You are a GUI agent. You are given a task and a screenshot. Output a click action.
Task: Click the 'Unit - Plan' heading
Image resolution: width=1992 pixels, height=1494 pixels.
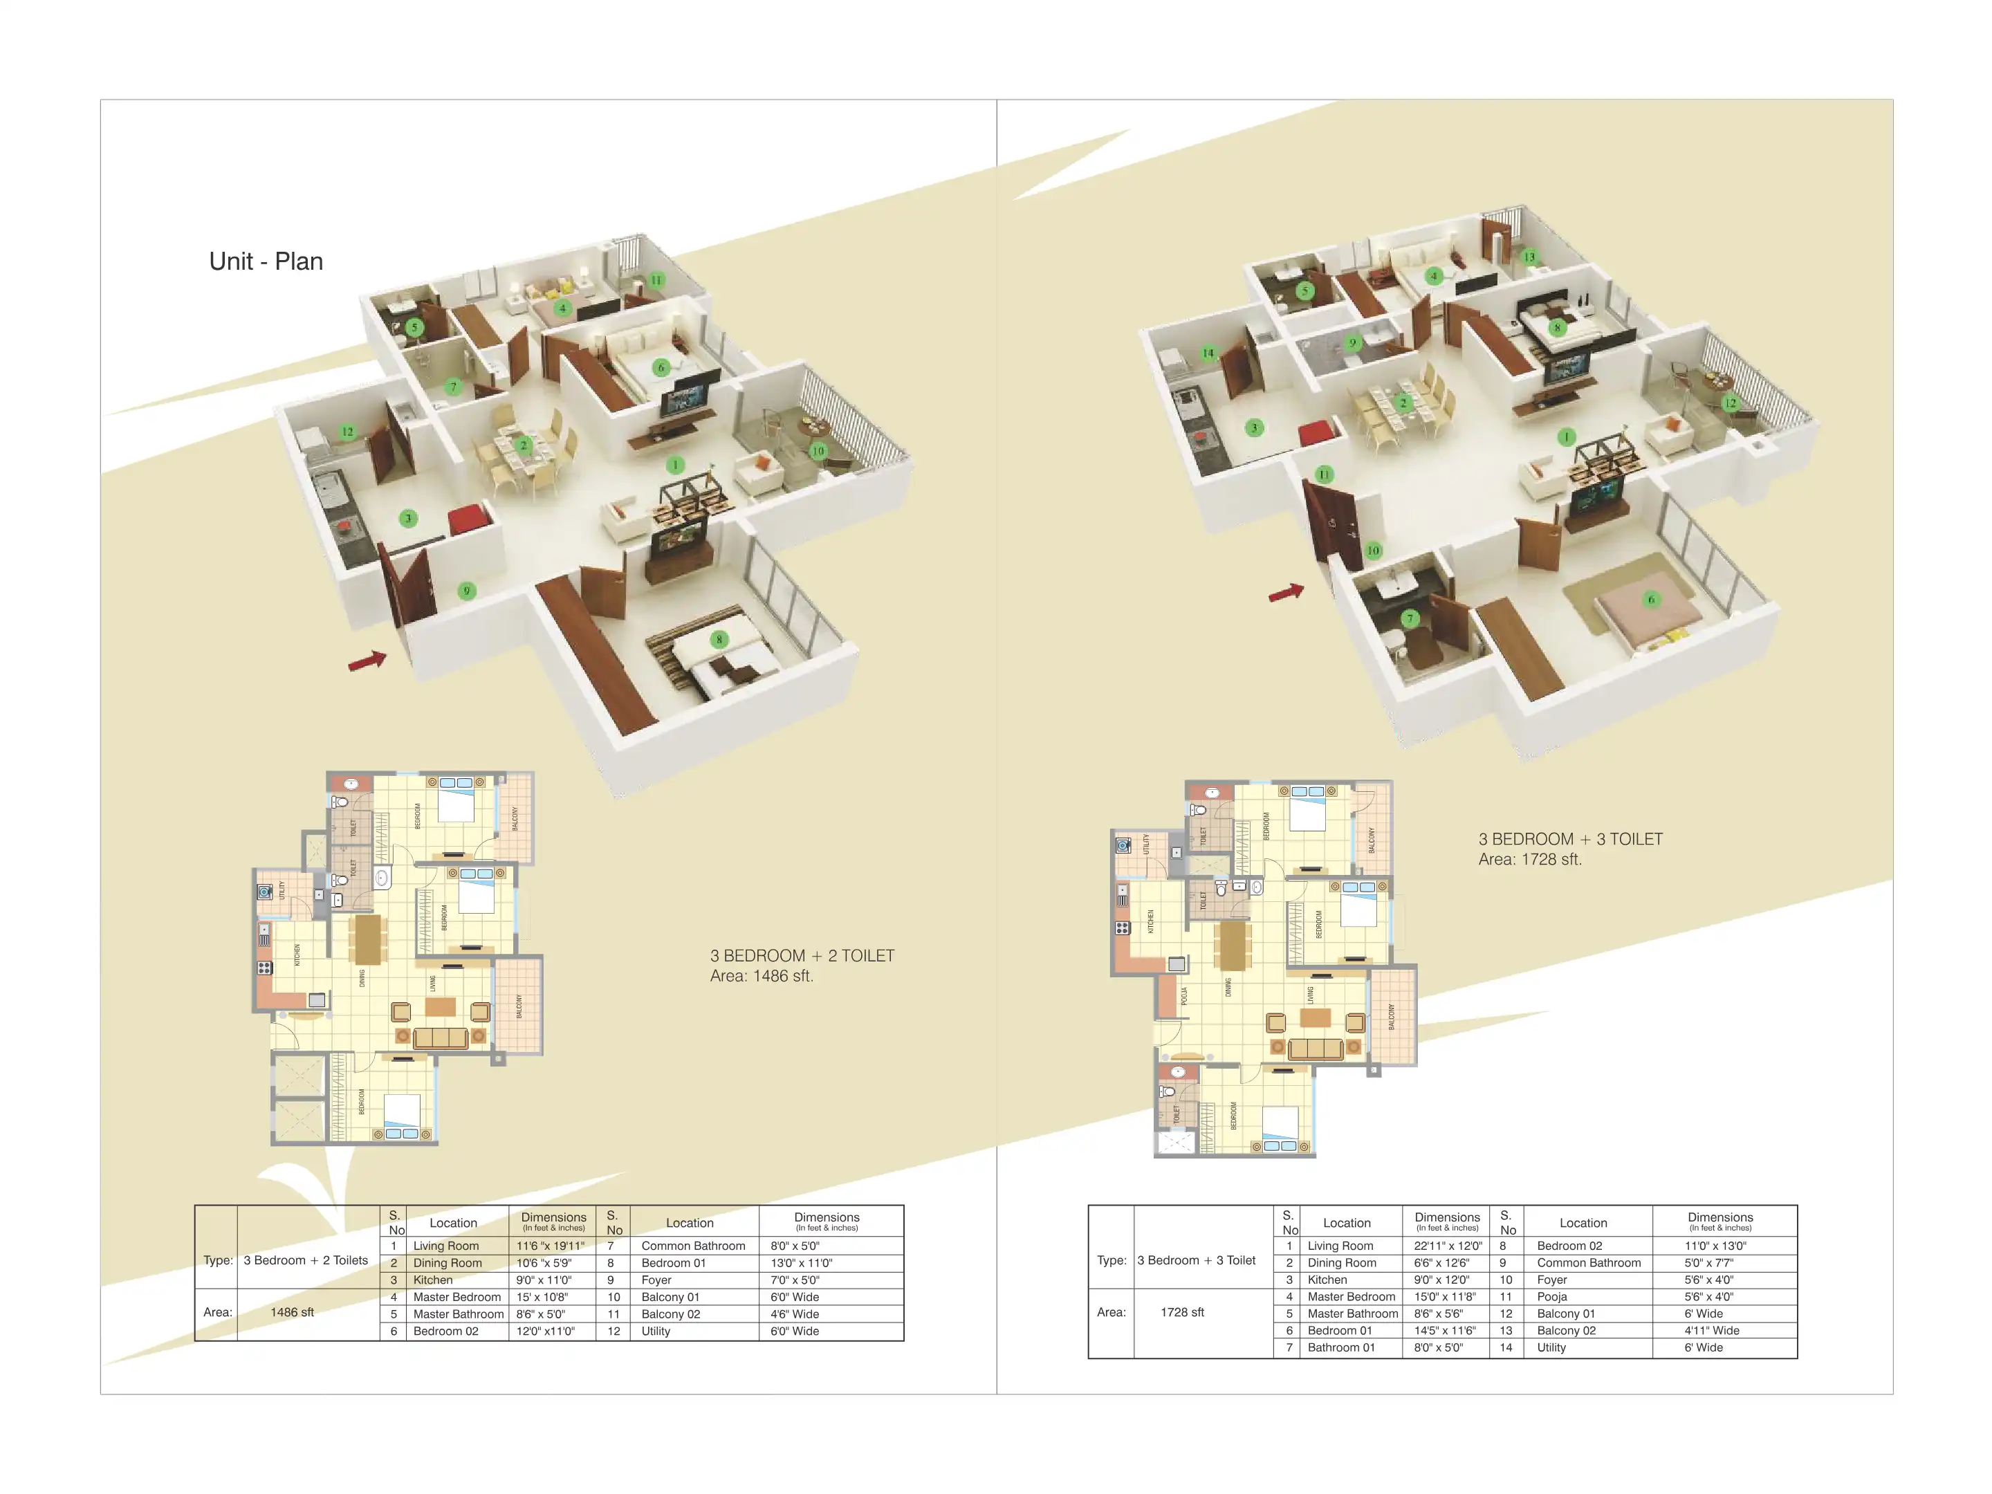coord(266,261)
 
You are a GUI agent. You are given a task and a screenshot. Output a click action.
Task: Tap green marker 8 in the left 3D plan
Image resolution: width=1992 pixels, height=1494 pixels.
coord(719,639)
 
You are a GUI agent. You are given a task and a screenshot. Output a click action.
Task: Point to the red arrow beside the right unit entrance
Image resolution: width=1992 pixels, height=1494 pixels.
coord(1286,593)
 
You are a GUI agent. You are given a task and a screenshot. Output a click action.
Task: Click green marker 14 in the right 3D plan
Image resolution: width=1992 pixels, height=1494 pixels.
coord(1208,352)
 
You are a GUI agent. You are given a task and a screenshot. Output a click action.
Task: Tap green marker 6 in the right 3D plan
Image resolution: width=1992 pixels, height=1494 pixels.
coord(1651,599)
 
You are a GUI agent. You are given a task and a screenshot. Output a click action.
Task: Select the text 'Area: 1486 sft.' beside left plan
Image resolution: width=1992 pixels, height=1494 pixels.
coord(761,976)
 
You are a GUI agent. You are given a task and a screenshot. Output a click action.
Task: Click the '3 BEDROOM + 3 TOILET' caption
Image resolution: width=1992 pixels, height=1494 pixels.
coord(1569,839)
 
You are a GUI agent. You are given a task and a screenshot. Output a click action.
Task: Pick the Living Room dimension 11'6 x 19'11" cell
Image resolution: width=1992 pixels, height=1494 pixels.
coord(551,1246)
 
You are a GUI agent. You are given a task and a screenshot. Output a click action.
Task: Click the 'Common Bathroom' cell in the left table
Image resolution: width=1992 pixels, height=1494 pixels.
coord(692,1246)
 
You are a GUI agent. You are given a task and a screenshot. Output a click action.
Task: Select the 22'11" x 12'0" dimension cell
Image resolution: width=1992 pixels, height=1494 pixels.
coord(1447,1246)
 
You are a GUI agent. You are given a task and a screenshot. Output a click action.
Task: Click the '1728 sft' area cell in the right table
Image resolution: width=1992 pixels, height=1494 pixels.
coord(1181,1312)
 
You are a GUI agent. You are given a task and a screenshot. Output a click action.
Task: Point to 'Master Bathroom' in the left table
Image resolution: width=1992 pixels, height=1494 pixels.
coord(457,1314)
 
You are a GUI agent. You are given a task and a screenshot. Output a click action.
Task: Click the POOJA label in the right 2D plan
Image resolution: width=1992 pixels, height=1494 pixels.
coord(1184,996)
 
